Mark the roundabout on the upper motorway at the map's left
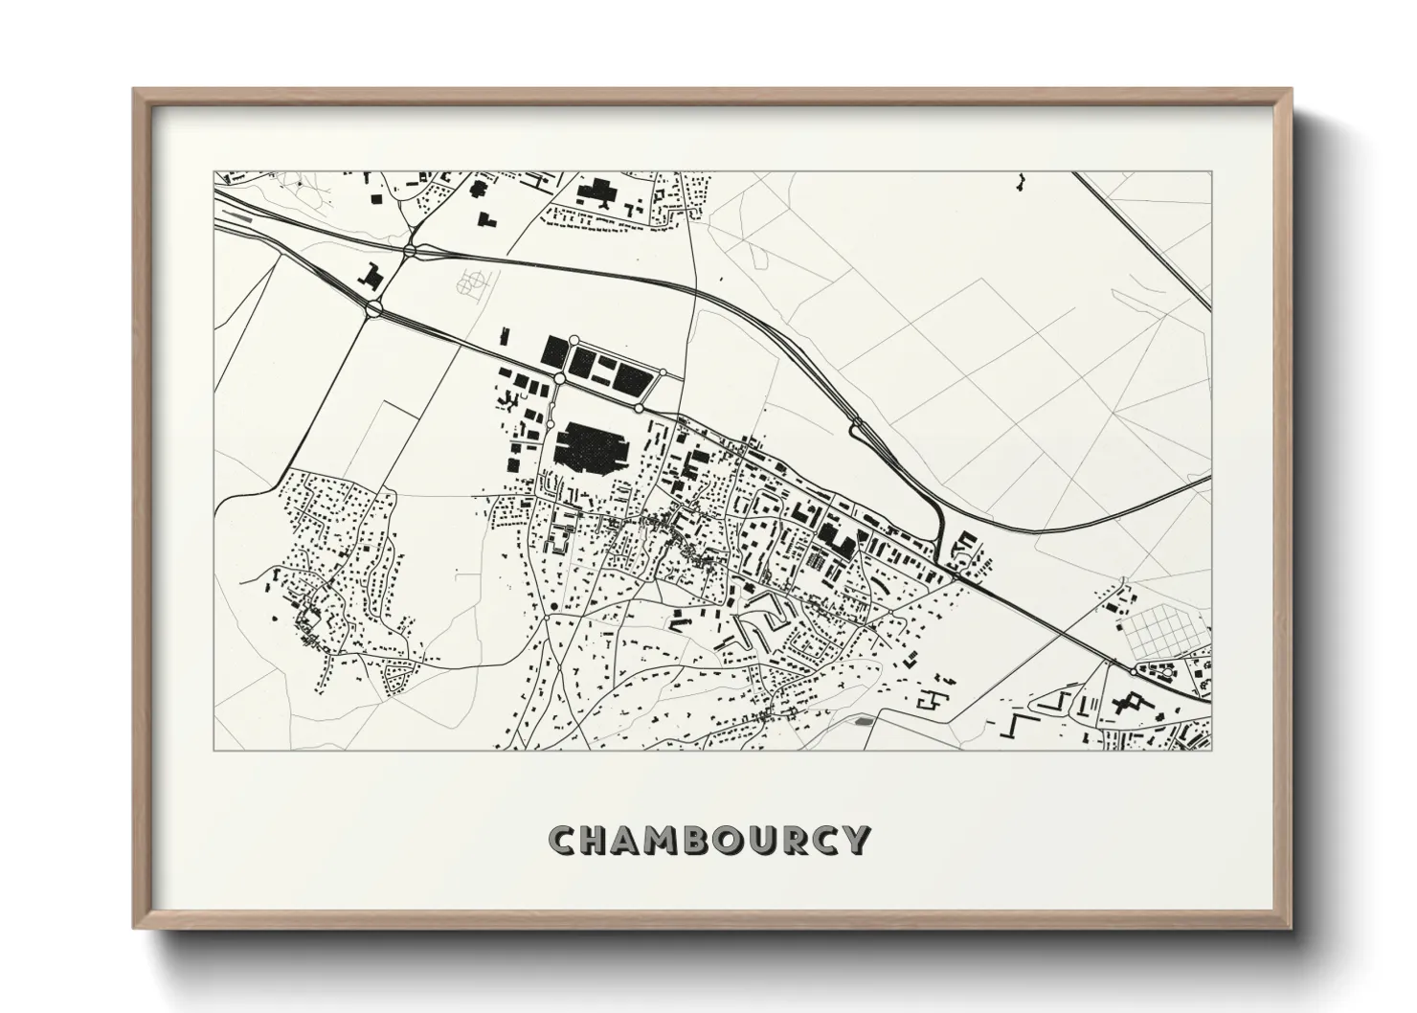[x=410, y=251]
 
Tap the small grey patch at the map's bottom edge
[x=865, y=721]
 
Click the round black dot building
[x=553, y=606]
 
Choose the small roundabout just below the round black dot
[x=546, y=619]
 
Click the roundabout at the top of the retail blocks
[x=574, y=340]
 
